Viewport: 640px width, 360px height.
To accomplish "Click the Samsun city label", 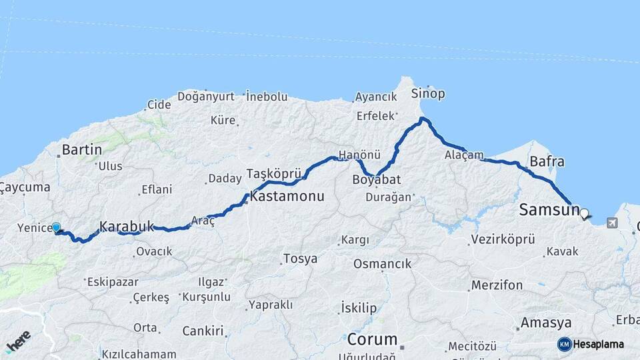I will [x=549, y=211].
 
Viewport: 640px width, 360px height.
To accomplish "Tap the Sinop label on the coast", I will [x=428, y=93].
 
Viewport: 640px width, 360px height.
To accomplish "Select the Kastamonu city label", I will [x=287, y=197].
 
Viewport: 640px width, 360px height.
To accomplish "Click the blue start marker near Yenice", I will [x=56, y=228].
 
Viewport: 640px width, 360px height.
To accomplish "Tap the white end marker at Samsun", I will [x=585, y=214].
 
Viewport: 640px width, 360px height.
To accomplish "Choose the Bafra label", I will [x=547, y=161].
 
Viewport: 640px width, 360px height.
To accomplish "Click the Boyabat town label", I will [x=372, y=179].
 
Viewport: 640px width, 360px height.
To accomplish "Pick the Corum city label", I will [x=372, y=339].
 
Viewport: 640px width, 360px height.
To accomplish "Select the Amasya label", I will [x=546, y=323].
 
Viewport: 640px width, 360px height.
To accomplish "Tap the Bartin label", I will [x=81, y=149].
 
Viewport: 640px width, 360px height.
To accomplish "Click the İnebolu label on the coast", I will [x=267, y=97].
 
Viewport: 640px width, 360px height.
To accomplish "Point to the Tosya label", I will [x=300, y=259].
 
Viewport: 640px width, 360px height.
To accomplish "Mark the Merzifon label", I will [x=497, y=285].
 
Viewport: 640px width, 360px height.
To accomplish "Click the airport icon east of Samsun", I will [x=613, y=223].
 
